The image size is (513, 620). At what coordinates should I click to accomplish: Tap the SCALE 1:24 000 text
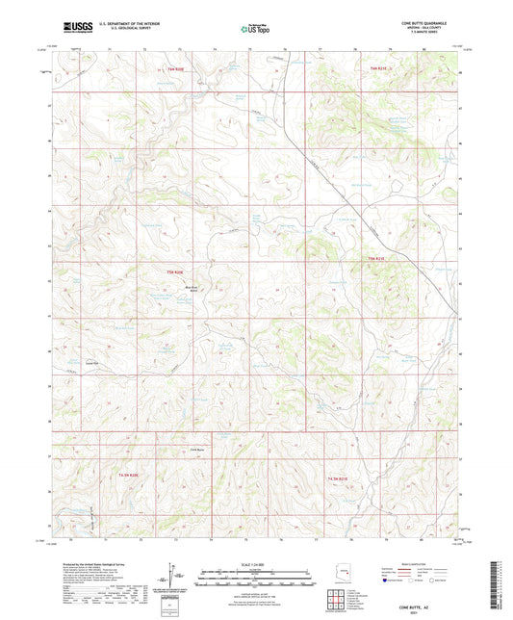256,563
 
